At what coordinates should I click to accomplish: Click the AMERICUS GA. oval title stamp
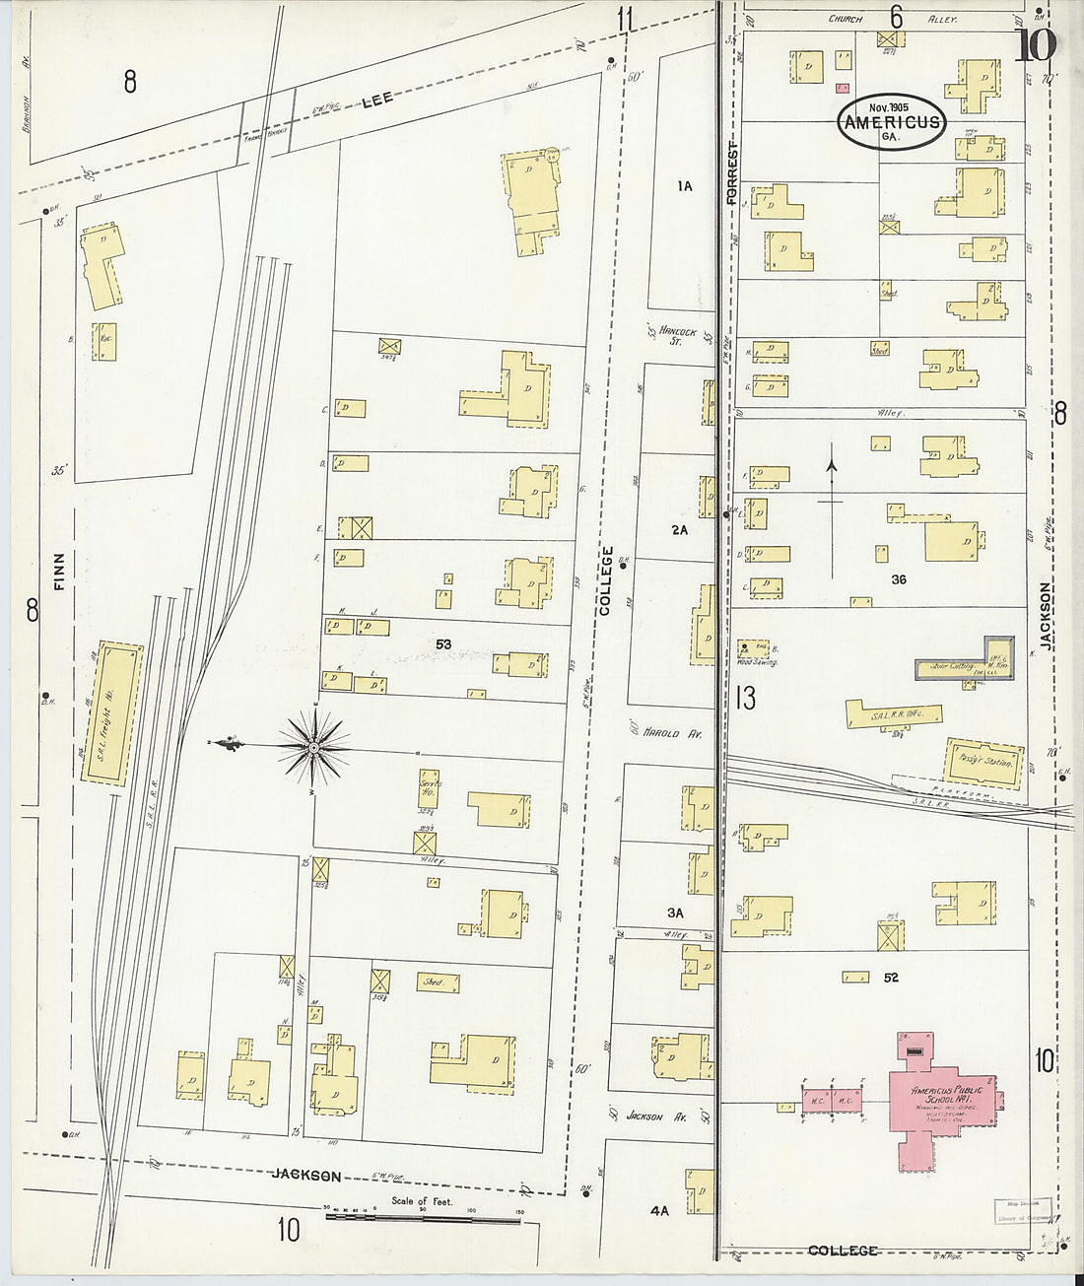pyautogui.click(x=891, y=122)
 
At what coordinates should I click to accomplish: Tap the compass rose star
pyautogui.click(x=313, y=752)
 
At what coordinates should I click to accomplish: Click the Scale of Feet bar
pyautogui.click(x=424, y=1219)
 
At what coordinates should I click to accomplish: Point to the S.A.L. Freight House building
pyautogui.click(x=107, y=712)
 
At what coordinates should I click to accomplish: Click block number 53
pyautogui.click(x=443, y=644)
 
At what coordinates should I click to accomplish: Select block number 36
pyautogui.click(x=897, y=579)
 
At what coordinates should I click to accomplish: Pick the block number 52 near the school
pyautogui.click(x=892, y=978)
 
